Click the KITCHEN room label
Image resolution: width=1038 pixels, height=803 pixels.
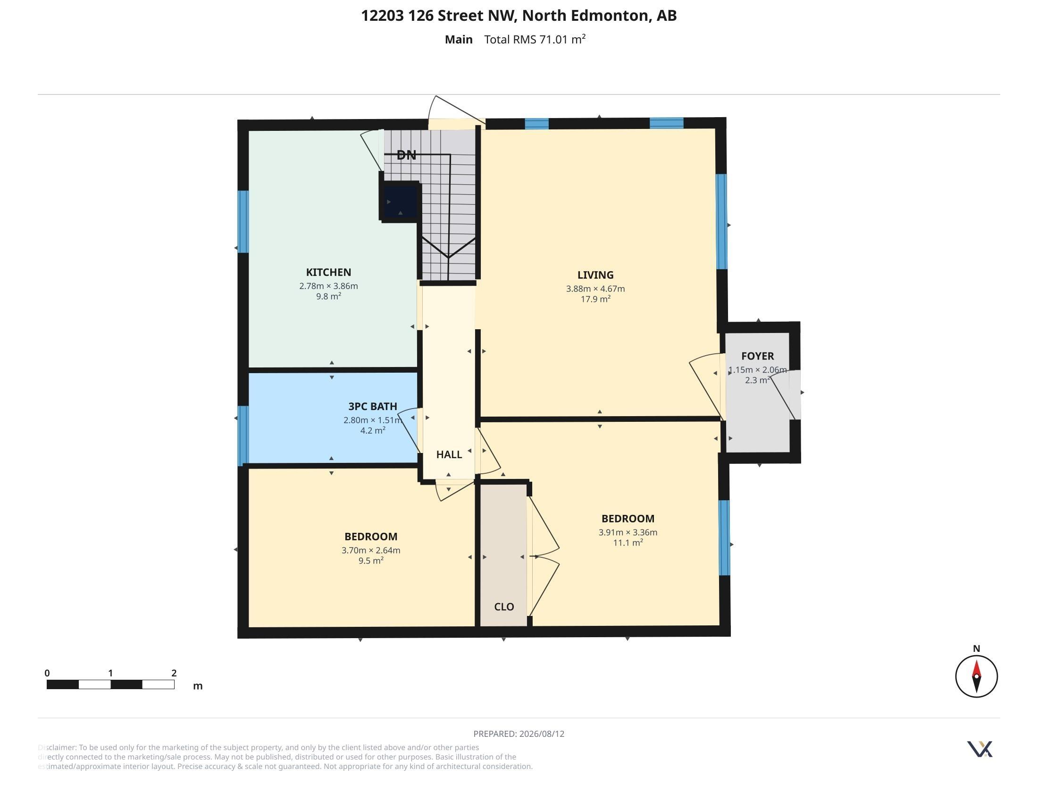pos(328,272)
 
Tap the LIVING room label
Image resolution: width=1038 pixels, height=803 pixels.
pos(595,275)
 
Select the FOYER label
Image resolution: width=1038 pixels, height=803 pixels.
pos(758,356)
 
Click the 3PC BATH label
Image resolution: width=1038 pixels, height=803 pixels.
pos(373,406)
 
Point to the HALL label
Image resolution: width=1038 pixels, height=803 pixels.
pos(449,454)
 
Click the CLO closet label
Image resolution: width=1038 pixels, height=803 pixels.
pos(504,607)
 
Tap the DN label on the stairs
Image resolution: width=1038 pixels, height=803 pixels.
pos(406,155)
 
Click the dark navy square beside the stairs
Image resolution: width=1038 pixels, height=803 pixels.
pos(400,201)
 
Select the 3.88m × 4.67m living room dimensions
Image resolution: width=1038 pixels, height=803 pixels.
pos(595,289)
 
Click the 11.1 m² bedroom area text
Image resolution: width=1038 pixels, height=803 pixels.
pos(628,542)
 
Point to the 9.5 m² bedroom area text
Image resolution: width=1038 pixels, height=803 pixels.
pos(371,560)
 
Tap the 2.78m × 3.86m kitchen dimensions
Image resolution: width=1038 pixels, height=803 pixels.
pos(328,286)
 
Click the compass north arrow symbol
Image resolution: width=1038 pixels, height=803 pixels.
pos(976,676)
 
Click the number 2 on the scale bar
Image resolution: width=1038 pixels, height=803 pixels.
pos(174,673)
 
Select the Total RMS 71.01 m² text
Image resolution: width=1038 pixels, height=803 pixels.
pos(535,39)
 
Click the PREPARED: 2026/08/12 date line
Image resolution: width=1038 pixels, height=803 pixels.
pos(519,734)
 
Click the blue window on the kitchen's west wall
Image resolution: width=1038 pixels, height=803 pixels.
pos(243,222)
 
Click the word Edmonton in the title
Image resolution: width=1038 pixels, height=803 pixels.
pos(610,16)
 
